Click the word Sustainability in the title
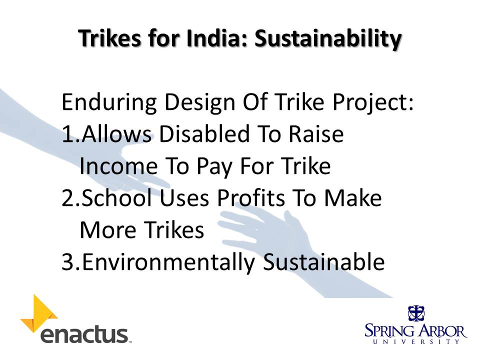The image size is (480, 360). (328, 39)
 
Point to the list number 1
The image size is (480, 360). (70, 134)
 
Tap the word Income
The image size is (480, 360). (118, 166)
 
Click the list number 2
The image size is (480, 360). (70, 198)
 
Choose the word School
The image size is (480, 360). (121, 197)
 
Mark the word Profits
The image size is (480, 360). (251, 197)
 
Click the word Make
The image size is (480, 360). (352, 197)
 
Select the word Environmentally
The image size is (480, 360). (168, 262)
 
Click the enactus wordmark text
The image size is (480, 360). (84, 334)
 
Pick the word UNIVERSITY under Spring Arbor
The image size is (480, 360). (416, 341)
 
